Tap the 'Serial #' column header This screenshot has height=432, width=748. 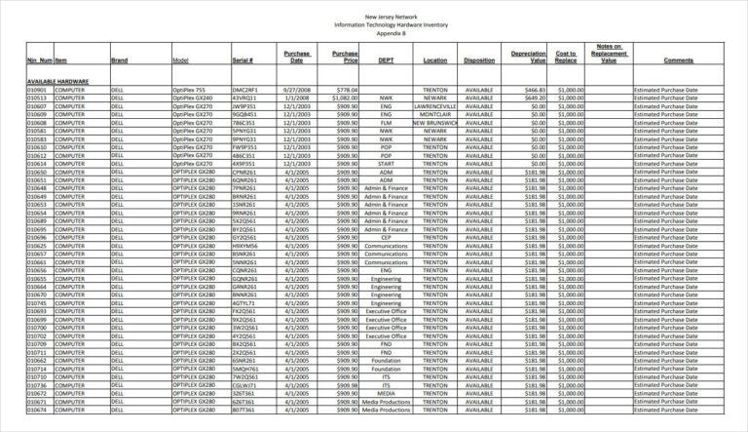pyautogui.click(x=243, y=60)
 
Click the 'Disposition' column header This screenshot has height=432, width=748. pyautogui.click(x=479, y=60)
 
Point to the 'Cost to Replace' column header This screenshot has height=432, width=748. pyautogui.click(x=566, y=57)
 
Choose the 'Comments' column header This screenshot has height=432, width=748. pyautogui.click(x=678, y=60)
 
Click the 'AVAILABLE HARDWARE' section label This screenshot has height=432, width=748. pyautogui.click(x=58, y=82)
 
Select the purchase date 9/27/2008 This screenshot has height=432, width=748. pyautogui.click(x=296, y=90)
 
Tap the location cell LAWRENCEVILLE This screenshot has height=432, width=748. pyautogui.click(x=435, y=106)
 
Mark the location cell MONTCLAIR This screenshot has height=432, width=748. pyautogui.click(x=435, y=114)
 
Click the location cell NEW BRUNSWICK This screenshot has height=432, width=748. pyautogui.click(x=435, y=123)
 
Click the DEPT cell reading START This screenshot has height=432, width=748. pyautogui.click(x=386, y=164)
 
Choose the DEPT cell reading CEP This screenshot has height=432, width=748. pyautogui.click(x=386, y=237)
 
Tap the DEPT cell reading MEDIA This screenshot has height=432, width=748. pyautogui.click(x=386, y=393)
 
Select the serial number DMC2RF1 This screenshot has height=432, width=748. pyautogui.click(x=244, y=90)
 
